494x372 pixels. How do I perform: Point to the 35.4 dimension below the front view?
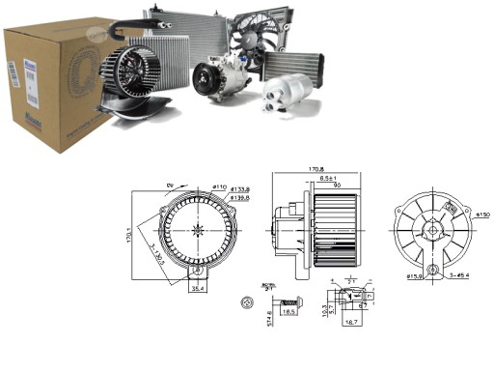(x=197, y=287)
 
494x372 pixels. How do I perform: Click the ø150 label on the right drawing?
(x=483, y=215)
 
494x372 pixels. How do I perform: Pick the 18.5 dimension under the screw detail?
(x=288, y=312)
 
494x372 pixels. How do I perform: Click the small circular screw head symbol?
(x=246, y=302)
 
